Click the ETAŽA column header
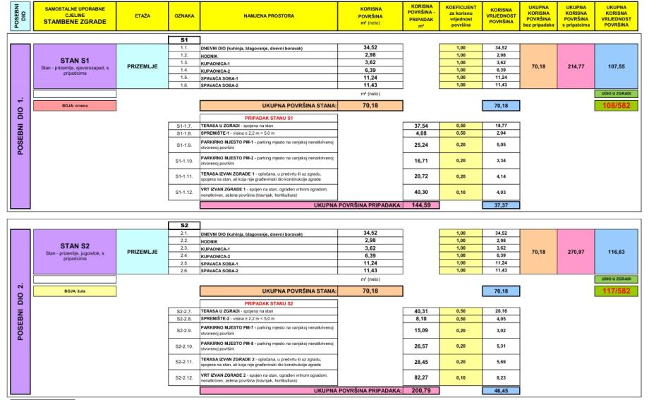click(142, 14)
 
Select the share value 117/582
click(618, 289)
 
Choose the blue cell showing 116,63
click(618, 250)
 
